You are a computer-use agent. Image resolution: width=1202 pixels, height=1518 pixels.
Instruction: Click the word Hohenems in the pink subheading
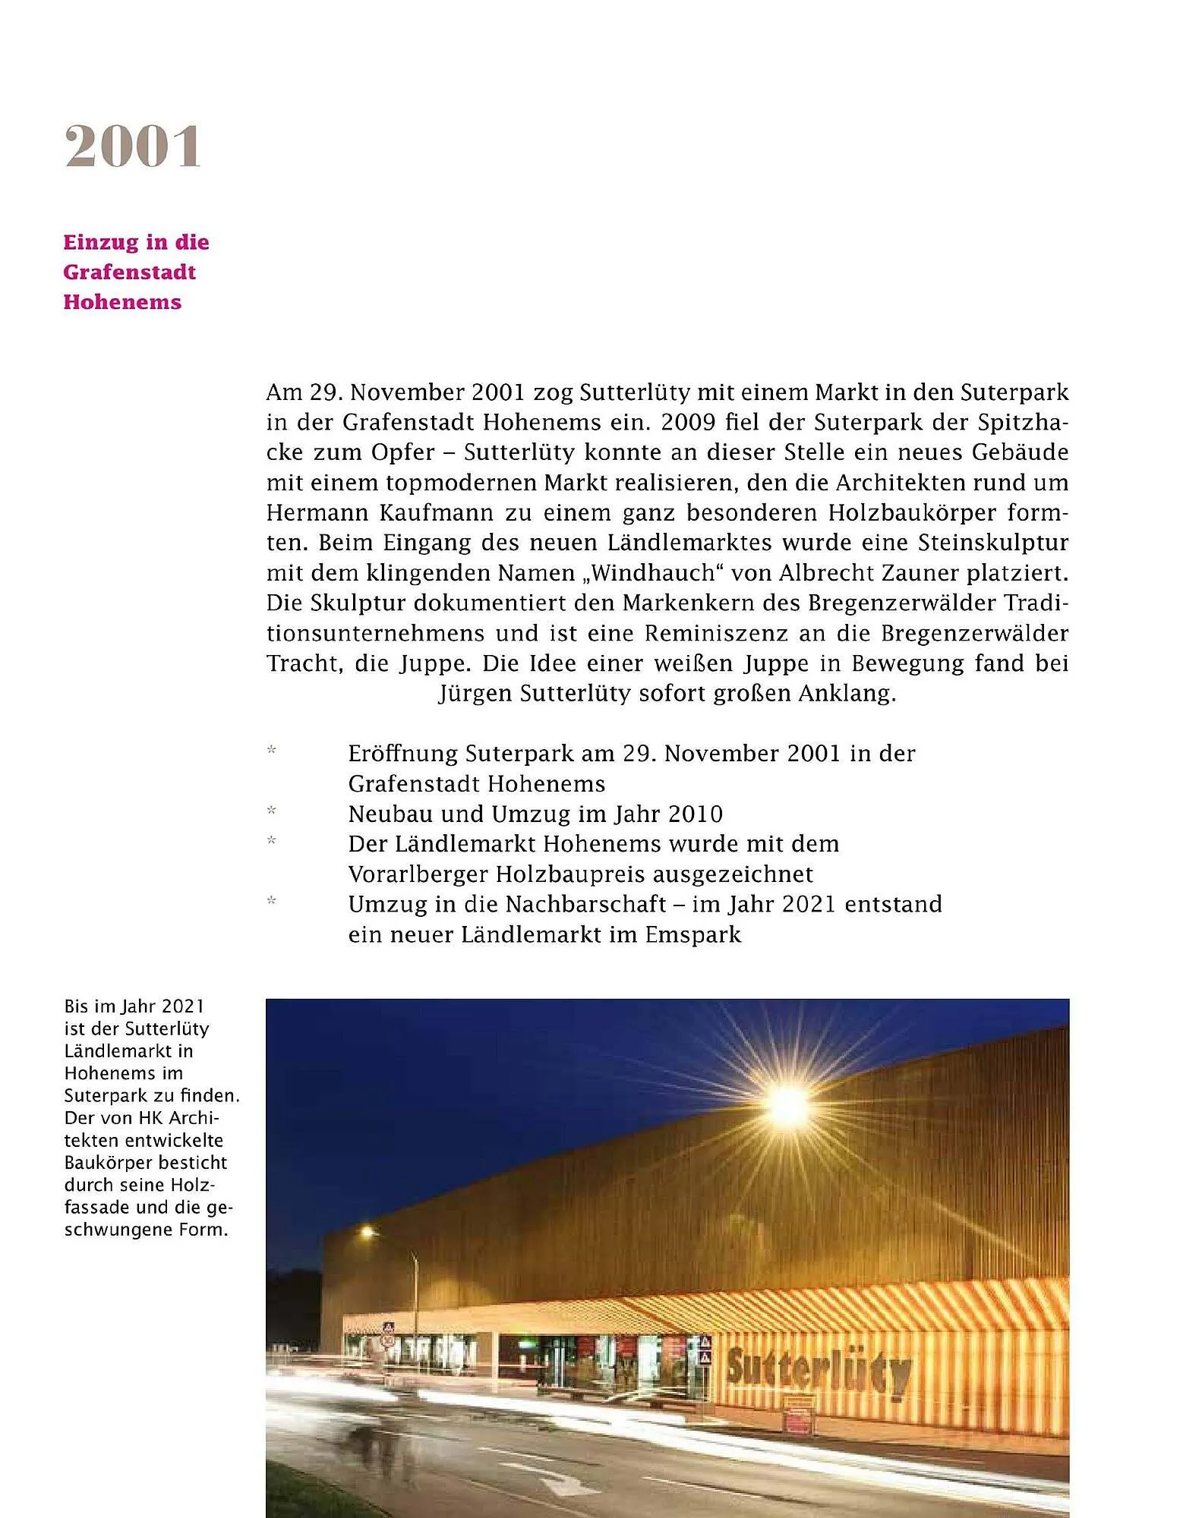[x=122, y=302]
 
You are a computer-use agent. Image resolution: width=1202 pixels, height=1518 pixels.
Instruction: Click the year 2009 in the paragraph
[x=688, y=422]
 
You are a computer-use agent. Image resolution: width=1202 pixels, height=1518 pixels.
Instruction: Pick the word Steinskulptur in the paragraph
[x=992, y=543]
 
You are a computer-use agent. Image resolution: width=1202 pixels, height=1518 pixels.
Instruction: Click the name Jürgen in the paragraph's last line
[x=475, y=694]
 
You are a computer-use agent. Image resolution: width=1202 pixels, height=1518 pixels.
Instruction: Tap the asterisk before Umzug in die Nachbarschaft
[x=272, y=902]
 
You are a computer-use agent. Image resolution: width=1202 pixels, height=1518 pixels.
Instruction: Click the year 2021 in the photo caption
[x=183, y=1006]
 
